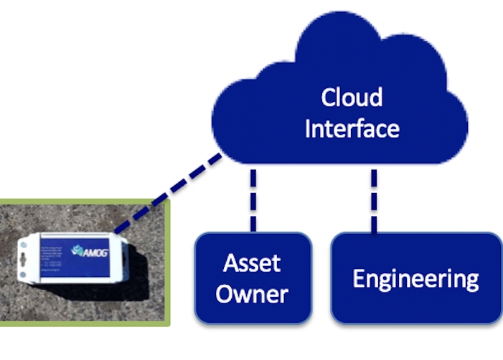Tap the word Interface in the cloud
[x=351, y=128]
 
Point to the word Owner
[x=252, y=294]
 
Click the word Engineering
[x=415, y=278]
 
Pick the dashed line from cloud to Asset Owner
[x=253, y=199]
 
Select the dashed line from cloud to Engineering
[x=373, y=199]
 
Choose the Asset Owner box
[x=253, y=278]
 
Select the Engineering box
[x=415, y=278]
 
